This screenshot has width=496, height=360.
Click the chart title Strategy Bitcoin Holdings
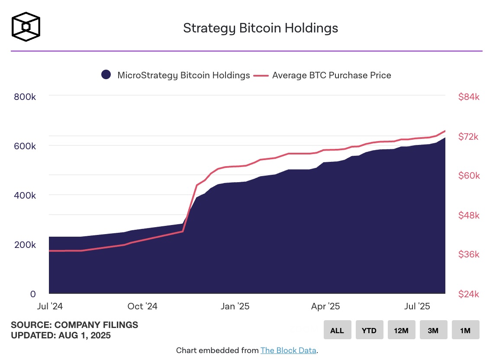coord(260,28)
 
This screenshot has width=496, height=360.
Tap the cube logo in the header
coord(26,26)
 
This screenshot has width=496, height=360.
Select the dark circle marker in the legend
coord(106,75)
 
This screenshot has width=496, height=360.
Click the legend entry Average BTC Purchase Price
coord(332,75)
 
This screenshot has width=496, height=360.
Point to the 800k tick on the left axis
coord(25,96)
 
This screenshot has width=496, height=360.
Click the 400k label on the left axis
coord(25,195)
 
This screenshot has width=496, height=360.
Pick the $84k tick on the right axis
coord(469,97)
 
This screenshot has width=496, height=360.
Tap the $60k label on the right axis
coord(469,176)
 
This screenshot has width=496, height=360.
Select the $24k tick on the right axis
coord(469,294)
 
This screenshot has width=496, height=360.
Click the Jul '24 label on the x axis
coord(50,306)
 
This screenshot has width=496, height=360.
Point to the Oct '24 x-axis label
coord(142,306)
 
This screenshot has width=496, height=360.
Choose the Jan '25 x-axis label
coord(235,306)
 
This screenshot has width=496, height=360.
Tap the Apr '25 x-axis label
coord(325,306)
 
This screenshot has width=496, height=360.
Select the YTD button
coord(369,330)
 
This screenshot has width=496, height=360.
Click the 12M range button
coord(401,330)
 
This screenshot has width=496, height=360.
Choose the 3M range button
coord(433,330)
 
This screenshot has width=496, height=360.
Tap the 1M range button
coord(465,330)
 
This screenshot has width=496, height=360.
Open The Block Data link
coord(288,350)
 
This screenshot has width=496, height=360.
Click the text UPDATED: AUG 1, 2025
coord(61,335)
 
